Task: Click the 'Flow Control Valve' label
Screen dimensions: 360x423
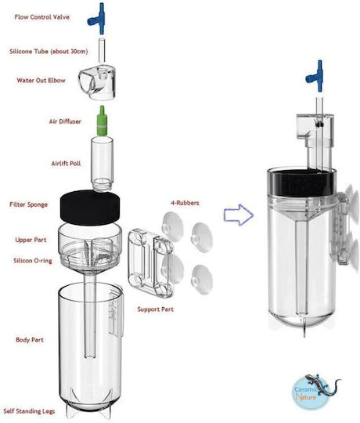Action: point(41,17)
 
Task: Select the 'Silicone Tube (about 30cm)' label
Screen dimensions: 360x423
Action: point(49,51)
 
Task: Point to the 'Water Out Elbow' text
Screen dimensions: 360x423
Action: point(41,81)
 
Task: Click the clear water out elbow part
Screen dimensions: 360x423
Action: point(98,81)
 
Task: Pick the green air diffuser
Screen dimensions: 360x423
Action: point(102,121)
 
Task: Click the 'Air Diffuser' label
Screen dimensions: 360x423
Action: point(65,121)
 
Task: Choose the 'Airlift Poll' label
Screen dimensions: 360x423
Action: point(66,164)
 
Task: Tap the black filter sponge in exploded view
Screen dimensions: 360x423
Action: point(90,207)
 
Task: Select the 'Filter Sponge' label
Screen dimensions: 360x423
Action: point(28,204)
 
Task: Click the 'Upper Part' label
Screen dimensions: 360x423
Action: point(31,240)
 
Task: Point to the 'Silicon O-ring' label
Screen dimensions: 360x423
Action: point(33,261)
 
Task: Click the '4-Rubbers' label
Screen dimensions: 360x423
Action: point(185,203)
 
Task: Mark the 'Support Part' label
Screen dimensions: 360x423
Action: point(156,309)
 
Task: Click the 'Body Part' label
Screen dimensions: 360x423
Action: point(30,340)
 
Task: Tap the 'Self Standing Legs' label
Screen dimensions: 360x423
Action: point(29,411)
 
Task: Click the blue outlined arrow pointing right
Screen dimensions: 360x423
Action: point(239,215)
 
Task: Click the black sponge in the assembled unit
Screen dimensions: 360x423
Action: point(301,183)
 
